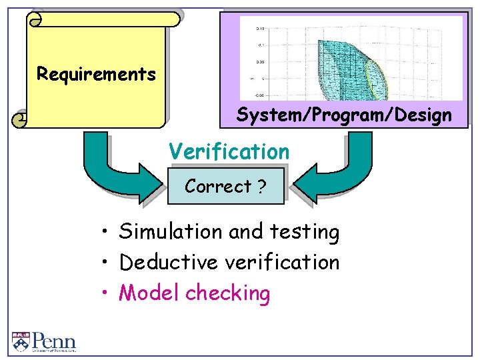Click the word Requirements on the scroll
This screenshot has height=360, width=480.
tap(96, 74)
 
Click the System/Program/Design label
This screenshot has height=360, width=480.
tap(344, 115)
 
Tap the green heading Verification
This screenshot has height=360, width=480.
tap(229, 151)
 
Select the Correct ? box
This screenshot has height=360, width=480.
tap(225, 186)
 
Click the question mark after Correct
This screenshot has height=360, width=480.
tap(261, 186)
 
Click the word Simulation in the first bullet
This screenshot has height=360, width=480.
tap(171, 232)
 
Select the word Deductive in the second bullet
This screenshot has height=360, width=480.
tap(169, 263)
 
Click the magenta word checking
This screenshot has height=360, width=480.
tap(228, 293)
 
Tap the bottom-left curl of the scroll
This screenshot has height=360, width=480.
tap(21, 119)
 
